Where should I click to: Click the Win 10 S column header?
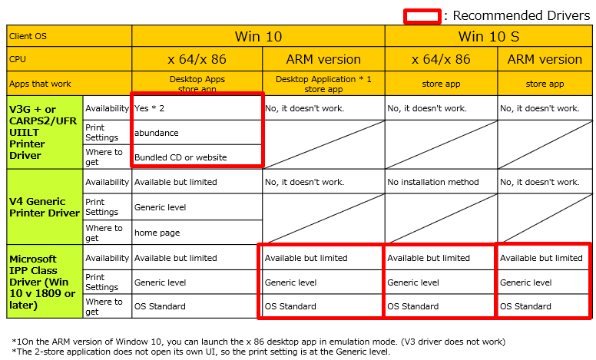click(488, 36)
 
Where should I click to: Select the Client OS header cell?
click(68, 36)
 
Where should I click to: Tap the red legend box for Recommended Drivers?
click(422, 15)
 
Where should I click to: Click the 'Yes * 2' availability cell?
click(197, 108)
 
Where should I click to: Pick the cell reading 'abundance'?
click(197, 133)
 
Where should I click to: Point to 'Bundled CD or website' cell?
click(197, 157)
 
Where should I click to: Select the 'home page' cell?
click(197, 233)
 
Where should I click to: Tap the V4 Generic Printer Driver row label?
click(45, 207)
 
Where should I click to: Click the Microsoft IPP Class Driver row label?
click(45, 282)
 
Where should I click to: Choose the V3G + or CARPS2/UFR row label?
click(45, 132)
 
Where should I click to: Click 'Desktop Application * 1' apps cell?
click(323, 83)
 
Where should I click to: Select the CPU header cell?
click(68, 59)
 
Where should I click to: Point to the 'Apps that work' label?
click(68, 84)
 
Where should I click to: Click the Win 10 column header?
click(258, 36)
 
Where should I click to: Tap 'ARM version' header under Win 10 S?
click(545, 59)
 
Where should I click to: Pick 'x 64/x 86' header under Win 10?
click(197, 59)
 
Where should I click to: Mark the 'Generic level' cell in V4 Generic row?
click(197, 207)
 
